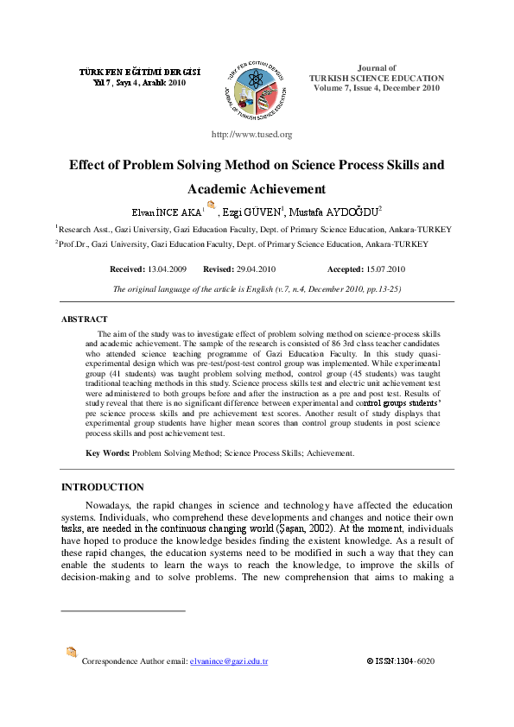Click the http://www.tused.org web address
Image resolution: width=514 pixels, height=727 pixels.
[251, 135]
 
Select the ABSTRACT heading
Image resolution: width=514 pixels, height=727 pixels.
[84, 319]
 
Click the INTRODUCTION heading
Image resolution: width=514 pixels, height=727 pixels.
[102, 487]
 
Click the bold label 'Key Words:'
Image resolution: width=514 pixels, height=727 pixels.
[108, 452]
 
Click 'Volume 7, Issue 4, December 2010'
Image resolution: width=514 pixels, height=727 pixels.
[377, 87]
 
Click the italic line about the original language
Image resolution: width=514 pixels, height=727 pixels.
[257, 289]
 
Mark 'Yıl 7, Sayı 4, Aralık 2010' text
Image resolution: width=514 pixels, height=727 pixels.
[139, 84]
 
